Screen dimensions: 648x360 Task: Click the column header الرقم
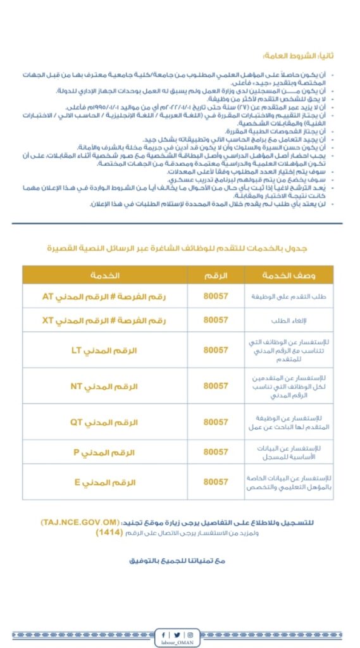[216, 275]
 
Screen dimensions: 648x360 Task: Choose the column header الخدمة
[106, 275]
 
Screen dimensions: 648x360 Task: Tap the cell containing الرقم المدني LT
[106, 350]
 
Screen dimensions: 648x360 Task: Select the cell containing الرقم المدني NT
[106, 385]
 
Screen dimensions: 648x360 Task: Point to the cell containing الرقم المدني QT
[106, 421]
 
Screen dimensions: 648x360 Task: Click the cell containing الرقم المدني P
[106, 452]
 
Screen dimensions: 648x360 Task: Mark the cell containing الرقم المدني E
[106, 482]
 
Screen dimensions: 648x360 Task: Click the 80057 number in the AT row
[216, 296]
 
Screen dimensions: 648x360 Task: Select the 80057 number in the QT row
[216, 421]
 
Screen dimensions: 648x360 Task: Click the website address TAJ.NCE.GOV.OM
[80, 521]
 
